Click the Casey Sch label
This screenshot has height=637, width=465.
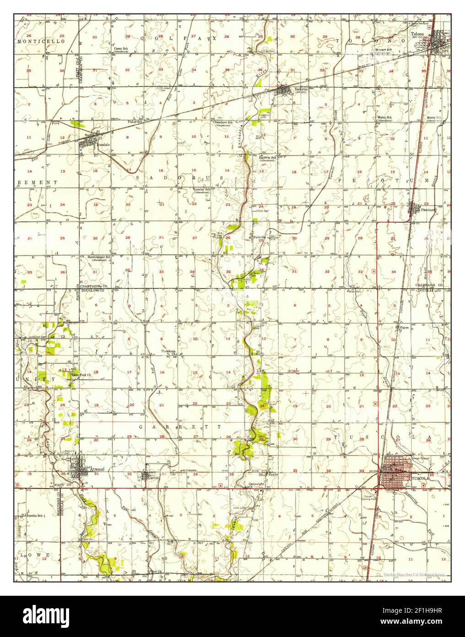click(121, 49)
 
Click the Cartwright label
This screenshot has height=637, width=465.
click(256, 484)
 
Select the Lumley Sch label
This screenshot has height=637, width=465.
click(201, 189)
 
